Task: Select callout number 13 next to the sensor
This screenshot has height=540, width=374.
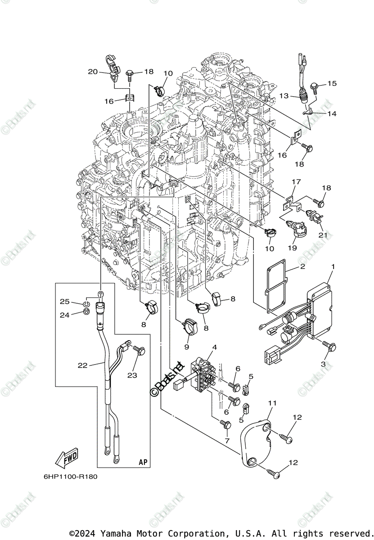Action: tap(284, 96)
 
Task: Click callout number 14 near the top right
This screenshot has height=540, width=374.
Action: tap(332, 114)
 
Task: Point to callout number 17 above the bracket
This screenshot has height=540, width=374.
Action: tap(296, 182)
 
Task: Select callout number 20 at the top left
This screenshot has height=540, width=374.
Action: tap(92, 72)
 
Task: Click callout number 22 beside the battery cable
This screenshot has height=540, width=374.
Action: tap(82, 365)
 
